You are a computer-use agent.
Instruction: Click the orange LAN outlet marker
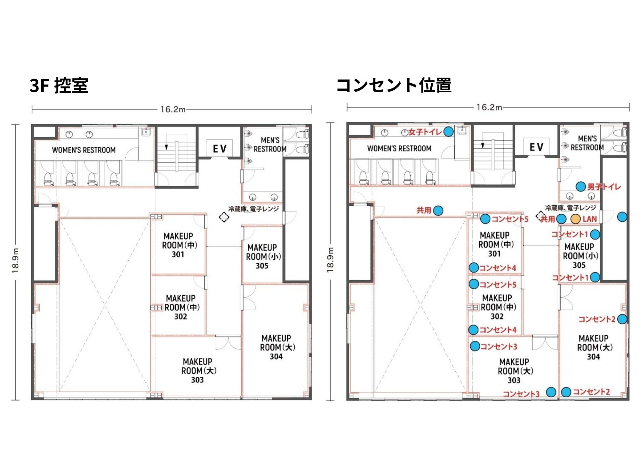point(576,219)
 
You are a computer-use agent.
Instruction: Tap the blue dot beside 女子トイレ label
point(448,131)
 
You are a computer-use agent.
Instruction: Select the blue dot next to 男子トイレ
point(580,186)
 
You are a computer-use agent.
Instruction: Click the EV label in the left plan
point(220,149)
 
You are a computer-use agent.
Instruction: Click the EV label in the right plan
point(536,147)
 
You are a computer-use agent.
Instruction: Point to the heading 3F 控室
point(59,86)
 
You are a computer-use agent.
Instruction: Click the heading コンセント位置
point(394,85)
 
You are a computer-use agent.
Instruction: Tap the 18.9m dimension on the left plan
point(15,260)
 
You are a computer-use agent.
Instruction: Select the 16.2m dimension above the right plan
point(489,107)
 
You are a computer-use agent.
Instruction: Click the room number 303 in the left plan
point(197,380)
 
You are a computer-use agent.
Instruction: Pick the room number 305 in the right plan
point(579,265)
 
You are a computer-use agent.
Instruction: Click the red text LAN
point(589,219)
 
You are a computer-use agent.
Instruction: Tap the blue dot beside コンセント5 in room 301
point(485,219)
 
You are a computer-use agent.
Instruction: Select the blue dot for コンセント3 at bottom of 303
point(551,392)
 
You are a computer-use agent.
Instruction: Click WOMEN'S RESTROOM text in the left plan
point(84,150)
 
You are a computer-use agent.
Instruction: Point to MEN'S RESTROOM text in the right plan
point(587,143)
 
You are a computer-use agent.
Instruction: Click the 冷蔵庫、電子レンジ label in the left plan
point(253,209)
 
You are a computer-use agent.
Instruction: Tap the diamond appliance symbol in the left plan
point(224,217)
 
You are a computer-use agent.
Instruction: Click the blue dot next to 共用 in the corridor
point(438,210)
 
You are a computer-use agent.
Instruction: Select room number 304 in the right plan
point(593,357)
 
